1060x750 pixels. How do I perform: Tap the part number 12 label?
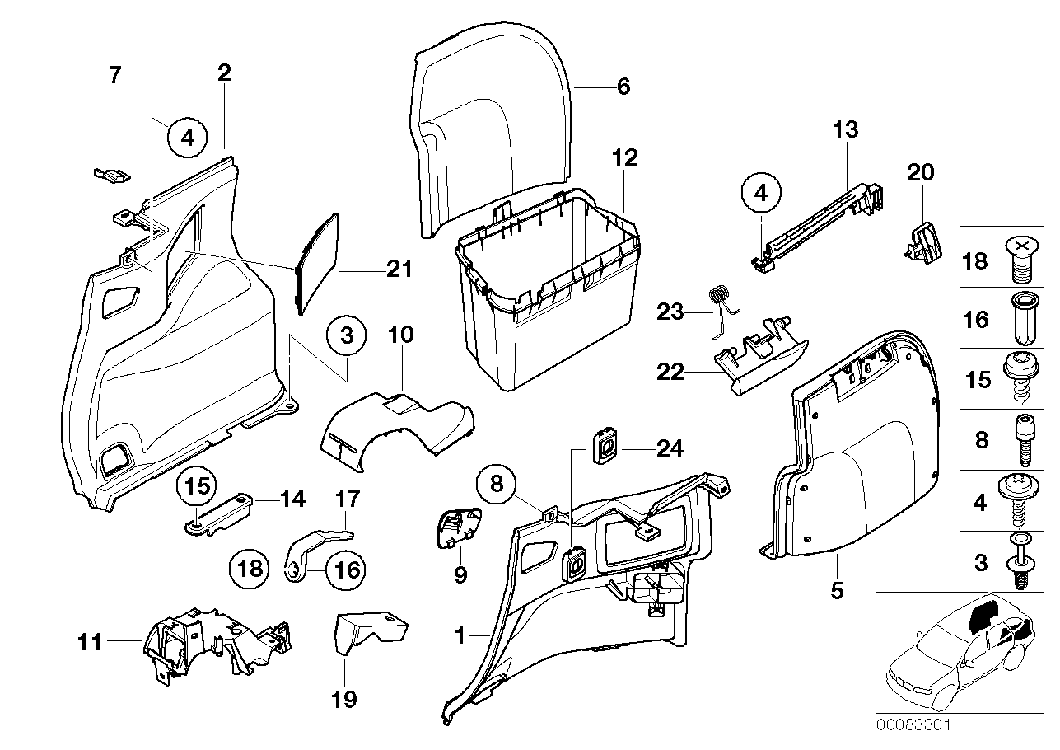point(625,158)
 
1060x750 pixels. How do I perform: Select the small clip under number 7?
point(110,174)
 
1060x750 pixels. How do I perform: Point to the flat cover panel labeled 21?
point(318,262)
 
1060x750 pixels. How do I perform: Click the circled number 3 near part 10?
point(347,336)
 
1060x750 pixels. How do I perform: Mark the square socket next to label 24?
point(606,446)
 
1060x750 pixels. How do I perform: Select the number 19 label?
point(343,700)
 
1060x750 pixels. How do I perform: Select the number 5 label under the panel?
point(837,591)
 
